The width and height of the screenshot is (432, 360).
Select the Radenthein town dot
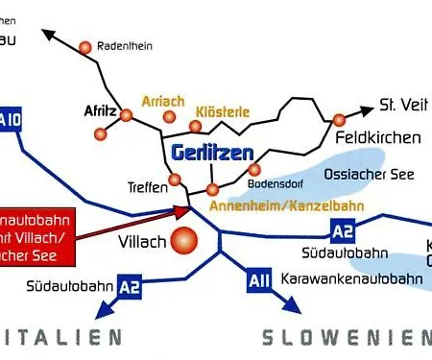[x=85, y=47]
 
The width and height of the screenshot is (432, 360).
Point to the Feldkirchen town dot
[x=339, y=120]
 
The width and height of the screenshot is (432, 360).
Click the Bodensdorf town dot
[x=254, y=170]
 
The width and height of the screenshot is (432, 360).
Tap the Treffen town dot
[x=175, y=179]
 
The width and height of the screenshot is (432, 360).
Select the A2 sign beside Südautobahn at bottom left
[x=131, y=284]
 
